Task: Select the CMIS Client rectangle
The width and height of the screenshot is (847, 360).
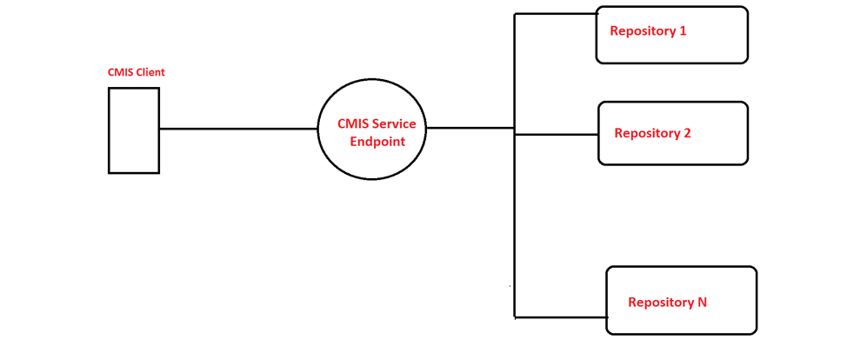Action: point(134,130)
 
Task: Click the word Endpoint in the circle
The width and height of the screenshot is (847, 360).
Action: point(377,142)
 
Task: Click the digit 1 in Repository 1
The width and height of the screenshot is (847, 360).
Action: point(683,31)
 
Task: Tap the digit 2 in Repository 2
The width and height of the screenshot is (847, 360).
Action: point(687,134)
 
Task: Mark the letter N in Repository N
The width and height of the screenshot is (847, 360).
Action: point(702,303)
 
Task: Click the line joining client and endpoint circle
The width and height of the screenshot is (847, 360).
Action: point(238,129)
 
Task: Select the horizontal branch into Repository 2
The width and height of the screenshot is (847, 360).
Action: point(557,135)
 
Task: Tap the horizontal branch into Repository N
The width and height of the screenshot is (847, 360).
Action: point(561,317)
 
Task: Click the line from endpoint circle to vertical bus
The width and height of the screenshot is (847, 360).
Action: point(470,128)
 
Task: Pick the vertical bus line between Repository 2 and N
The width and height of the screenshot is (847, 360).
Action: point(515,226)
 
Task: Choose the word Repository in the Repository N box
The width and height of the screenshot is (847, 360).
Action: point(660,303)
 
